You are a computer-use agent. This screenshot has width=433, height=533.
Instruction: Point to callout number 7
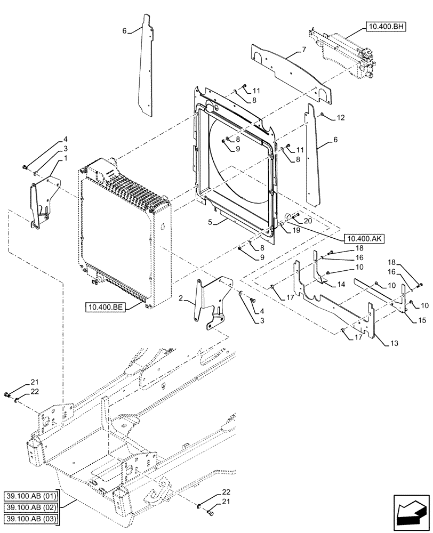coord(303,50)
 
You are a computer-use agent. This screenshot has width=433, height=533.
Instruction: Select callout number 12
coord(341,117)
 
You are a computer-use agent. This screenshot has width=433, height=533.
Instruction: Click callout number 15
coord(407,321)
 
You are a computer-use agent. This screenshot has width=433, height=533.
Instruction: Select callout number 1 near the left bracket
coord(65,158)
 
